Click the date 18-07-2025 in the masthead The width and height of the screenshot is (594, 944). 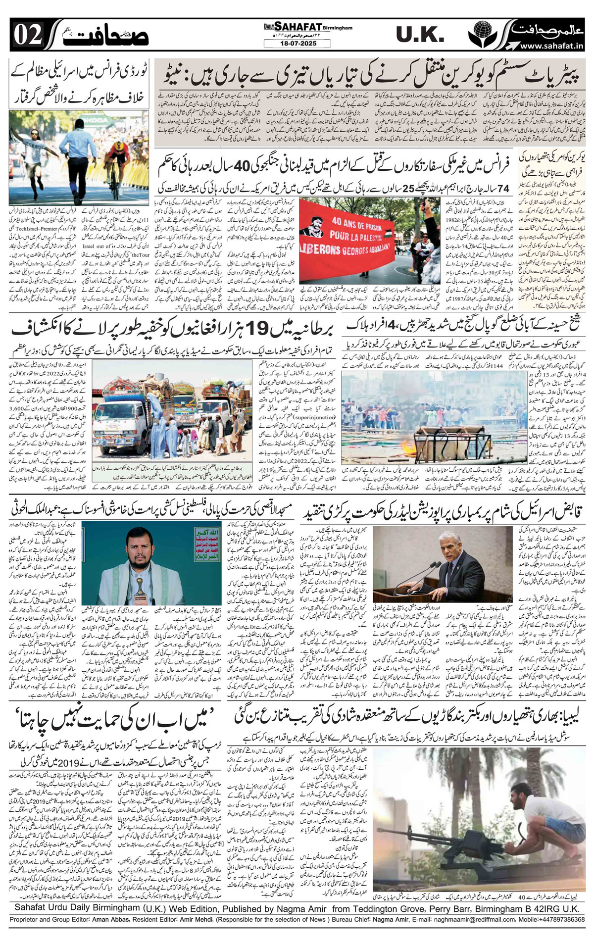pos(297,44)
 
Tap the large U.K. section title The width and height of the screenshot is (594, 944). pos(420,35)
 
